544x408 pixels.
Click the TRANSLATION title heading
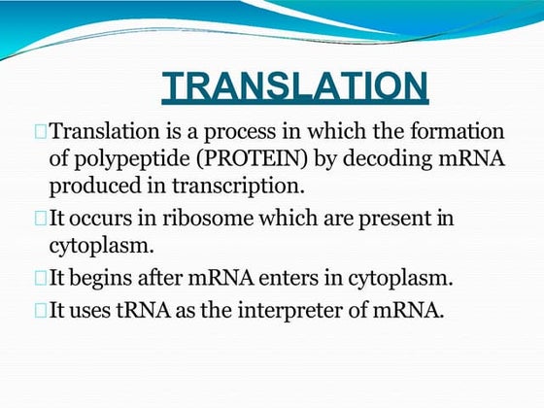pos(294,85)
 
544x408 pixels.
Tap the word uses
pos(86,311)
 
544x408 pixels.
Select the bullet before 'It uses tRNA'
pos(40,310)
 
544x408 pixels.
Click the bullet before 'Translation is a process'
pos(40,131)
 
